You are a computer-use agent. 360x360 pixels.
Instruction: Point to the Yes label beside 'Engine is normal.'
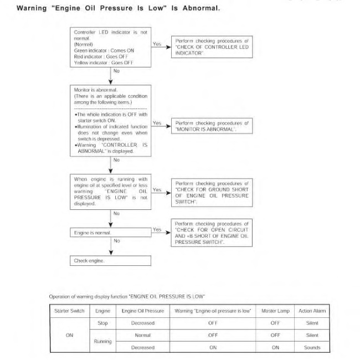pyautogui.click(x=157, y=229)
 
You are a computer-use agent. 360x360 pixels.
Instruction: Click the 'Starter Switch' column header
pyautogui.click(x=69, y=311)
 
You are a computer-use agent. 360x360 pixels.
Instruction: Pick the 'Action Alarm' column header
pyautogui.click(x=312, y=311)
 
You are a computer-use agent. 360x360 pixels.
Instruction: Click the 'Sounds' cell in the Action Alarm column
pyautogui.click(x=312, y=348)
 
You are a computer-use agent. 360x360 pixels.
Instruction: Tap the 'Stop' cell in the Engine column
pyautogui.click(x=102, y=323)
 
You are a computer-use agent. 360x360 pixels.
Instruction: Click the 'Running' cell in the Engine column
pyautogui.click(x=102, y=341)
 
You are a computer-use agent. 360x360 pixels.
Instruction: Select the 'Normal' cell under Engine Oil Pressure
pyautogui.click(x=143, y=335)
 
